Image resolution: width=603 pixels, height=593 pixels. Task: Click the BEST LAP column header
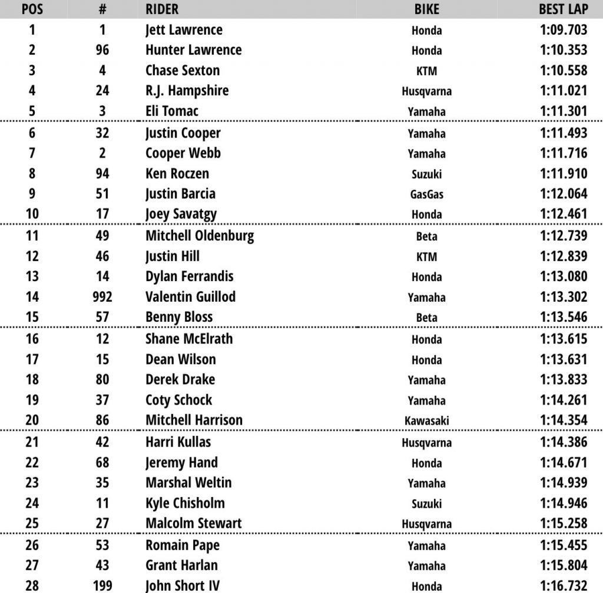click(563, 9)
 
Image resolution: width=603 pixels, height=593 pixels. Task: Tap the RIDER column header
click(162, 9)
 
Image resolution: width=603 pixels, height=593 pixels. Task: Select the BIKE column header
click(427, 9)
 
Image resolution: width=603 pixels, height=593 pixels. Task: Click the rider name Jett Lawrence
click(184, 29)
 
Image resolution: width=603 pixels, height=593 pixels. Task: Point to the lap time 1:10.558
click(563, 70)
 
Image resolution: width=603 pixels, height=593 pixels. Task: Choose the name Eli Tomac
click(172, 111)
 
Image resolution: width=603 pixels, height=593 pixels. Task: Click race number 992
click(102, 296)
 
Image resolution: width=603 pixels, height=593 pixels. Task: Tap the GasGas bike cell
click(427, 195)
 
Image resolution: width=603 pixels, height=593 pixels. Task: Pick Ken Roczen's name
click(177, 174)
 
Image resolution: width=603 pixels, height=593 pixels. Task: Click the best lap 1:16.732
click(563, 585)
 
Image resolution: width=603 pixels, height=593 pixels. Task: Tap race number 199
click(102, 585)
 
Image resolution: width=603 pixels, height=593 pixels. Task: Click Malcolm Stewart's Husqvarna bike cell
click(427, 524)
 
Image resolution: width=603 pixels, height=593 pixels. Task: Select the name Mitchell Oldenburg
click(200, 236)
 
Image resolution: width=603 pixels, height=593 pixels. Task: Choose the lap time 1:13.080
click(563, 276)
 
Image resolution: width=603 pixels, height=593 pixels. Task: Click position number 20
click(32, 420)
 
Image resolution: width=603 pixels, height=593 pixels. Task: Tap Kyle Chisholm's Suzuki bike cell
click(427, 504)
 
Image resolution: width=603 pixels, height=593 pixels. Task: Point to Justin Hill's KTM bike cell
click(427, 257)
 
